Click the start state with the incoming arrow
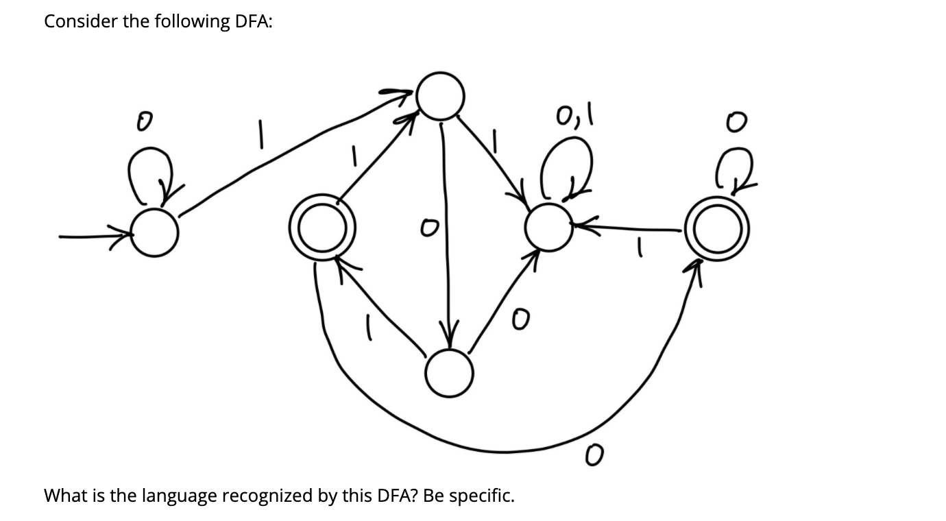(155, 234)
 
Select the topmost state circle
(442, 96)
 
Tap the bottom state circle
(449, 374)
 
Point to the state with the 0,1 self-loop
(548, 226)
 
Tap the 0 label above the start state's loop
(143, 123)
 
